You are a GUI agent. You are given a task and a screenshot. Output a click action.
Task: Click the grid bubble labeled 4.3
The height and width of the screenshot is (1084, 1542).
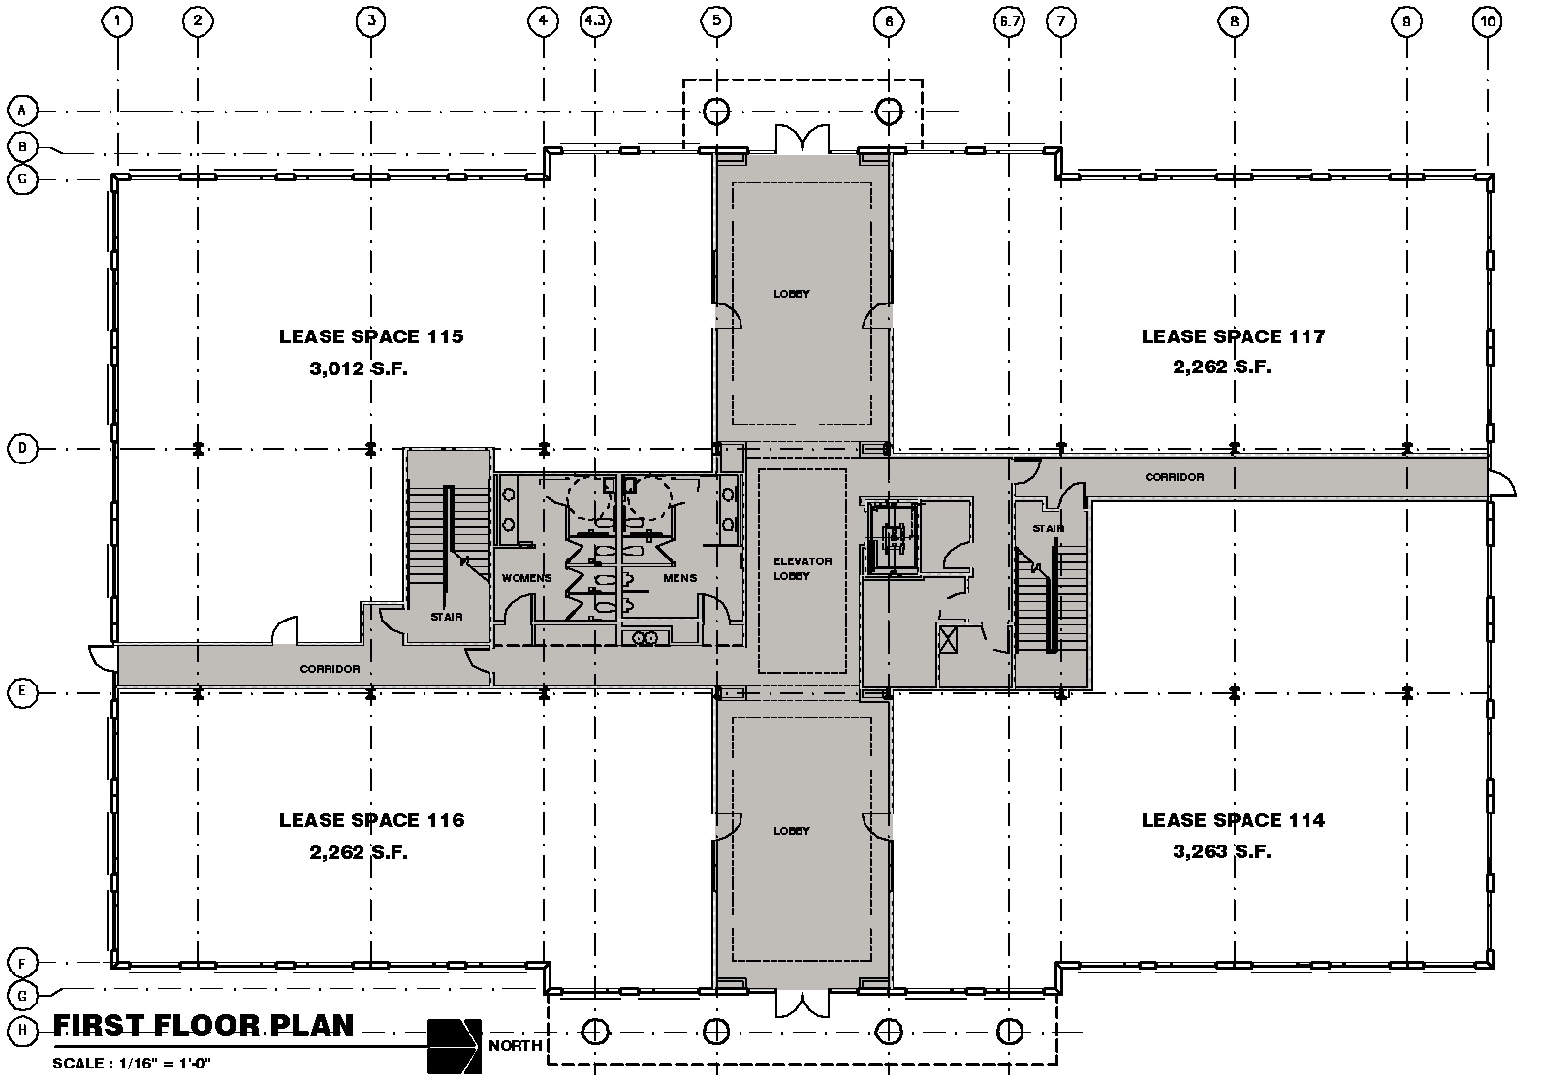(x=596, y=19)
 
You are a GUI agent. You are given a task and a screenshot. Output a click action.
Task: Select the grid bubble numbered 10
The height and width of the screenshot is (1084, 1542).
(x=1488, y=19)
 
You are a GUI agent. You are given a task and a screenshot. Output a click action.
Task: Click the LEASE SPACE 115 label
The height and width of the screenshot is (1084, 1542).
(x=371, y=336)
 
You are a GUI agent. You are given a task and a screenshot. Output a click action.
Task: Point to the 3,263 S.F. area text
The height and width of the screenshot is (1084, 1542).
(x=1220, y=852)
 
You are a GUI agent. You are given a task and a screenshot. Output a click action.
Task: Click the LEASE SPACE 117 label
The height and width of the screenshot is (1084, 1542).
(x=1232, y=336)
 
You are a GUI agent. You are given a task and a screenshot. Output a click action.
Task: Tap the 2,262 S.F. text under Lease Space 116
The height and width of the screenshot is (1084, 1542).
(x=358, y=852)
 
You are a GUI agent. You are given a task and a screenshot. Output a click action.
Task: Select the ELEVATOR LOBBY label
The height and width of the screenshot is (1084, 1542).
(x=802, y=568)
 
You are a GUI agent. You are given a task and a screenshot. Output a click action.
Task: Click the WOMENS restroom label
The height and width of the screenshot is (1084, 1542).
(x=526, y=578)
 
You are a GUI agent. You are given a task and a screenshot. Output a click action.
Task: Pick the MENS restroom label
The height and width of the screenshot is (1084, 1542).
(x=679, y=578)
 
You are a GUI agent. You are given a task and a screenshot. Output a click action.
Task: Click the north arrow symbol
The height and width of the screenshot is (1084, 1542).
(x=454, y=1046)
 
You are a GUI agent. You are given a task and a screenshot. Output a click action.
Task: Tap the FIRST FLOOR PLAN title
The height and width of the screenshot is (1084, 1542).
(x=204, y=1025)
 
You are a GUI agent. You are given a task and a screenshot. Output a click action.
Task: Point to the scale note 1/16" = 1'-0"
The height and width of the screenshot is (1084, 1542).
(x=132, y=1063)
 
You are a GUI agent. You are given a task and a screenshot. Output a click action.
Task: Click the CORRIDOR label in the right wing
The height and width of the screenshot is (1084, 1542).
(x=1174, y=477)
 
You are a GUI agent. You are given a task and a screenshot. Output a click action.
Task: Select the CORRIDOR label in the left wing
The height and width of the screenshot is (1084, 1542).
(x=330, y=669)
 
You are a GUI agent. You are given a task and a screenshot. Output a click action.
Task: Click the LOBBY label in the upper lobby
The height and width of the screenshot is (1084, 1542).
(x=791, y=293)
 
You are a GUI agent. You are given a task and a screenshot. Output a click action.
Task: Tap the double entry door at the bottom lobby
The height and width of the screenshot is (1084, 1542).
(x=803, y=1004)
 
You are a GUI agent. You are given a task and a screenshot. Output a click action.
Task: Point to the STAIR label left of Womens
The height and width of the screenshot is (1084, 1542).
(x=447, y=617)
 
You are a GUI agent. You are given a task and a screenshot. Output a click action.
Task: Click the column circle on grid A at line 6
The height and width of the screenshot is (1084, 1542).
(x=889, y=111)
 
